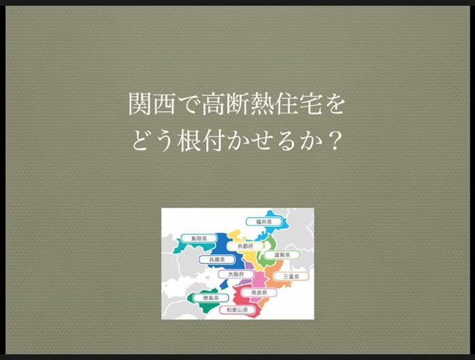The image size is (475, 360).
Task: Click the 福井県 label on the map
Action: pyautogui.click(x=263, y=222)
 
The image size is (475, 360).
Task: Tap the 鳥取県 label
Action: pyautogui.click(x=199, y=238)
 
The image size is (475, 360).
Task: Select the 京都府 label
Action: pyautogui.click(x=245, y=246)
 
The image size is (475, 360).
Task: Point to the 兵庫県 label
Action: pyautogui.click(x=217, y=260)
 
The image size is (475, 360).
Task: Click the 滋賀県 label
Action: pyautogui.click(x=282, y=255)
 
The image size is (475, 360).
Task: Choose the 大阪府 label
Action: pyautogui.click(x=235, y=274)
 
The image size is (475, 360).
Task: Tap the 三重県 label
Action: pyautogui.click(x=291, y=276)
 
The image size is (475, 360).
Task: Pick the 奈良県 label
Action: pyautogui.click(x=259, y=293)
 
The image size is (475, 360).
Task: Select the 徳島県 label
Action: pyautogui.click(x=210, y=298)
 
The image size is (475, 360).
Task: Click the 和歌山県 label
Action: pyautogui.click(x=237, y=310)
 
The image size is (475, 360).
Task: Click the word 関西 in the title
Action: pyautogui.click(x=152, y=104)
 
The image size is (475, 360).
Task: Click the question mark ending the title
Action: pyautogui.click(x=335, y=141)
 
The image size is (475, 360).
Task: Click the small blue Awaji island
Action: pyautogui.click(x=224, y=284)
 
